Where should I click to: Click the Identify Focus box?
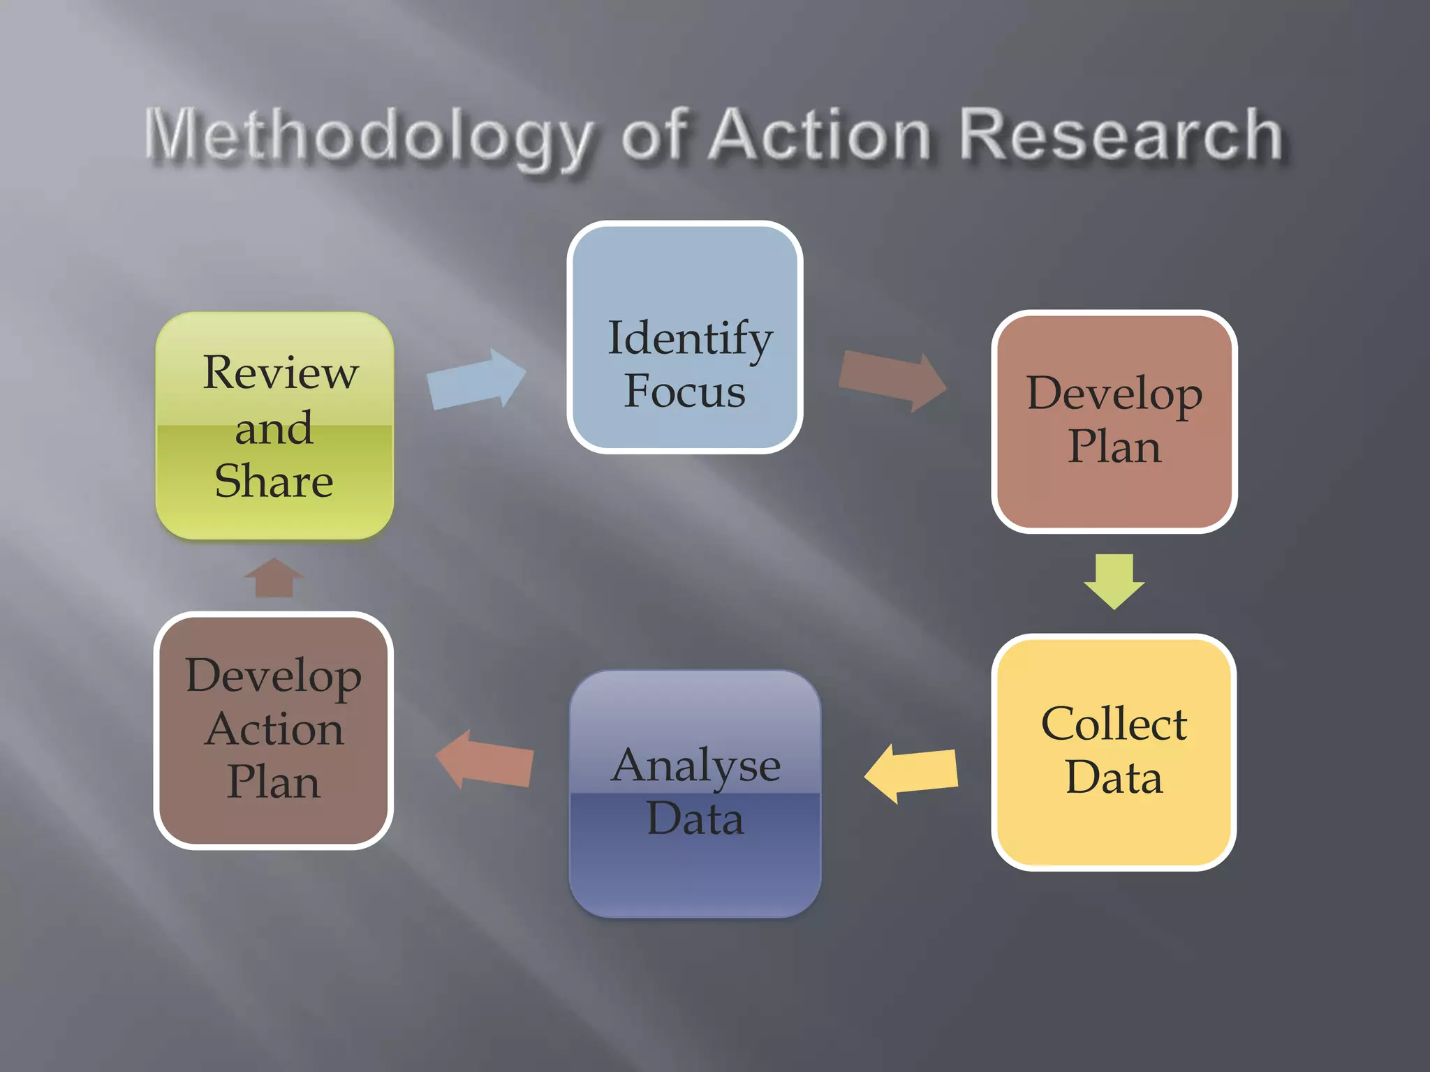(684, 337)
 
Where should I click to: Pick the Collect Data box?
(1114, 752)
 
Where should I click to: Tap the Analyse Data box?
(695, 793)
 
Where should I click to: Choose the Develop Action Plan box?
(273, 730)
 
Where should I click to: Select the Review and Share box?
(274, 426)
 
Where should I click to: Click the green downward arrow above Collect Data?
(1114, 580)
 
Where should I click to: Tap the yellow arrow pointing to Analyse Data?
(911, 773)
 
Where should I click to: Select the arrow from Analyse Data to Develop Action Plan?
(485, 759)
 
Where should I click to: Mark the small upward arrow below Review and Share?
(274, 577)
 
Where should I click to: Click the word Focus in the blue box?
(684, 391)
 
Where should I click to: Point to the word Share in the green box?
(274, 481)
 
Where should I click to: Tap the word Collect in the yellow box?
(1114, 724)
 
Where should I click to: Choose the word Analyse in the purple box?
(695, 766)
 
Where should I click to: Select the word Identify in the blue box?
(690, 338)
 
